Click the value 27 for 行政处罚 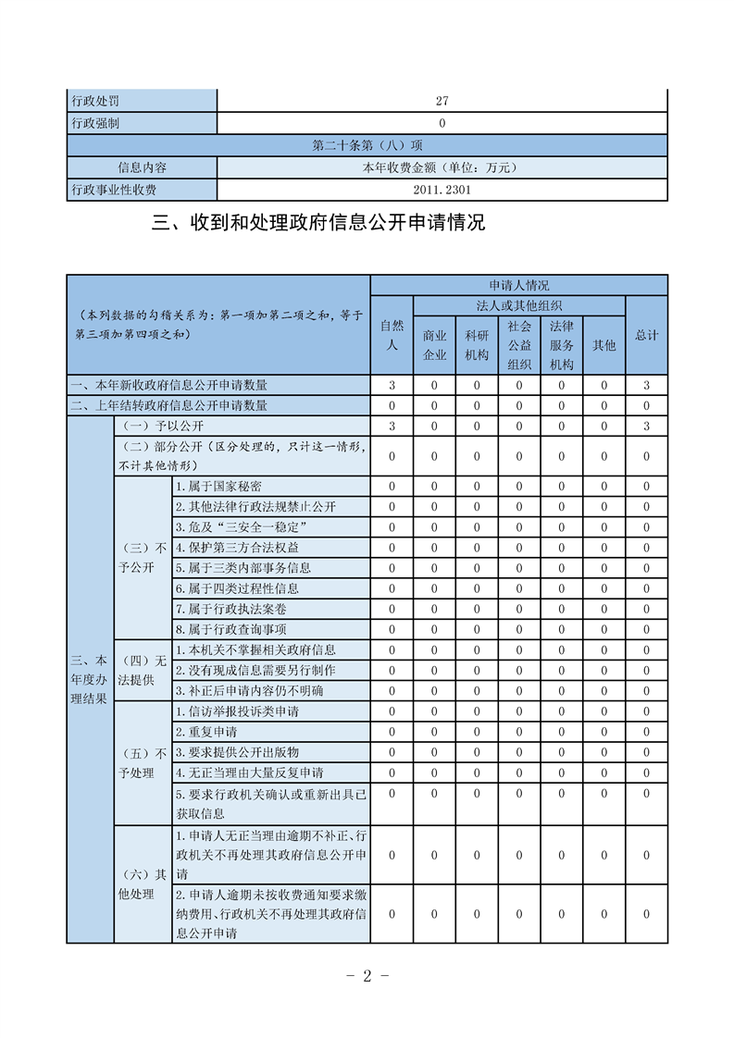pyautogui.click(x=442, y=101)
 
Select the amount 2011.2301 pyautogui.click(x=442, y=190)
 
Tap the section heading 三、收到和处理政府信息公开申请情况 pyautogui.click(x=317, y=223)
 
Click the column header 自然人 pyautogui.click(x=392, y=335)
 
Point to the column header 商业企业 pyautogui.click(x=434, y=344)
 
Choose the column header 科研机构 pyautogui.click(x=477, y=344)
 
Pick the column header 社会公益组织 pyautogui.click(x=519, y=344)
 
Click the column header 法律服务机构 pyautogui.click(x=562, y=344)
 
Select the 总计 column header pyautogui.click(x=646, y=335)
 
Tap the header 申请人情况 pyautogui.click(x=518, y=285)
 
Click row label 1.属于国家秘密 pyautogui.click(x=218, y=487)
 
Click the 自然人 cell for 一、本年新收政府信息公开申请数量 pyautogui.click(x=392, y=385)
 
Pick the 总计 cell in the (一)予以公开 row pyautogui.click(x=646, y=426)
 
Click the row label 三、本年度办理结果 pyautogui.click(x=89, y=680)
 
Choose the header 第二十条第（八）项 pyautogui.click(x=367, y=145)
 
